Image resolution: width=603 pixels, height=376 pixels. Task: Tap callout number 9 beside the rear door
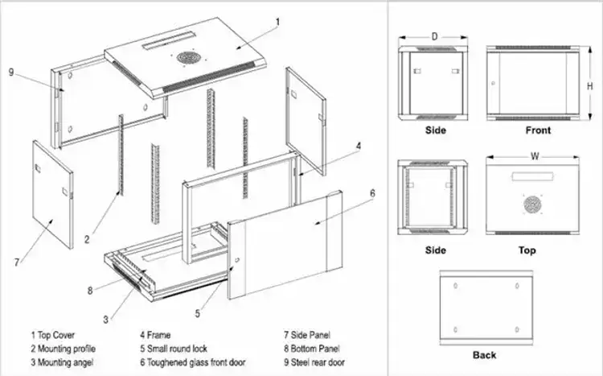click(x=11, y=72)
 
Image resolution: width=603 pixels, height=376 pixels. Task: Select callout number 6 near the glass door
click(x=372, y=193)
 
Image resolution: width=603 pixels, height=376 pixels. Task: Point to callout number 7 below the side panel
click(x=16, y=262)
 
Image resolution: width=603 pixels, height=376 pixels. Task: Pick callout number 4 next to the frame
click(x=359, y=146)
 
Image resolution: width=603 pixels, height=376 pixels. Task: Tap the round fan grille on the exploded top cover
click(x=188, y=59)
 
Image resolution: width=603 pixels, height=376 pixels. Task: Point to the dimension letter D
click(x=434, y=36)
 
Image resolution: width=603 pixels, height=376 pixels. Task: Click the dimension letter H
click(x=589, y=85)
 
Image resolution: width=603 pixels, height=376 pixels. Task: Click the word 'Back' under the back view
click(x=485, y=354)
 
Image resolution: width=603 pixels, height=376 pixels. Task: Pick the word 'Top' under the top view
click(x=527, y=250)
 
